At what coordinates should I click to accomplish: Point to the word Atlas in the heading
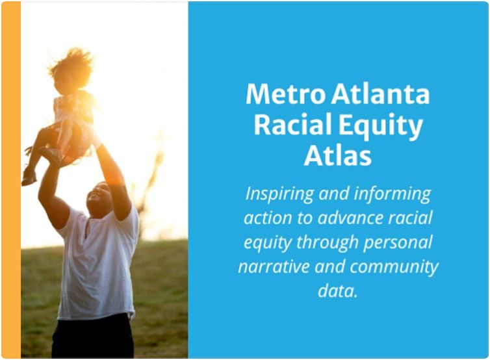[x=338, y=155]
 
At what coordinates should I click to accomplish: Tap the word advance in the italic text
[x=350, y=218]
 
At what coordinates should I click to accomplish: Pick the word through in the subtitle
[x=325, y=242]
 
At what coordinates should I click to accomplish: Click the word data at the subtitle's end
[x=338, y=290]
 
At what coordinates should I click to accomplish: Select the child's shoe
[x=29, y=177]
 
